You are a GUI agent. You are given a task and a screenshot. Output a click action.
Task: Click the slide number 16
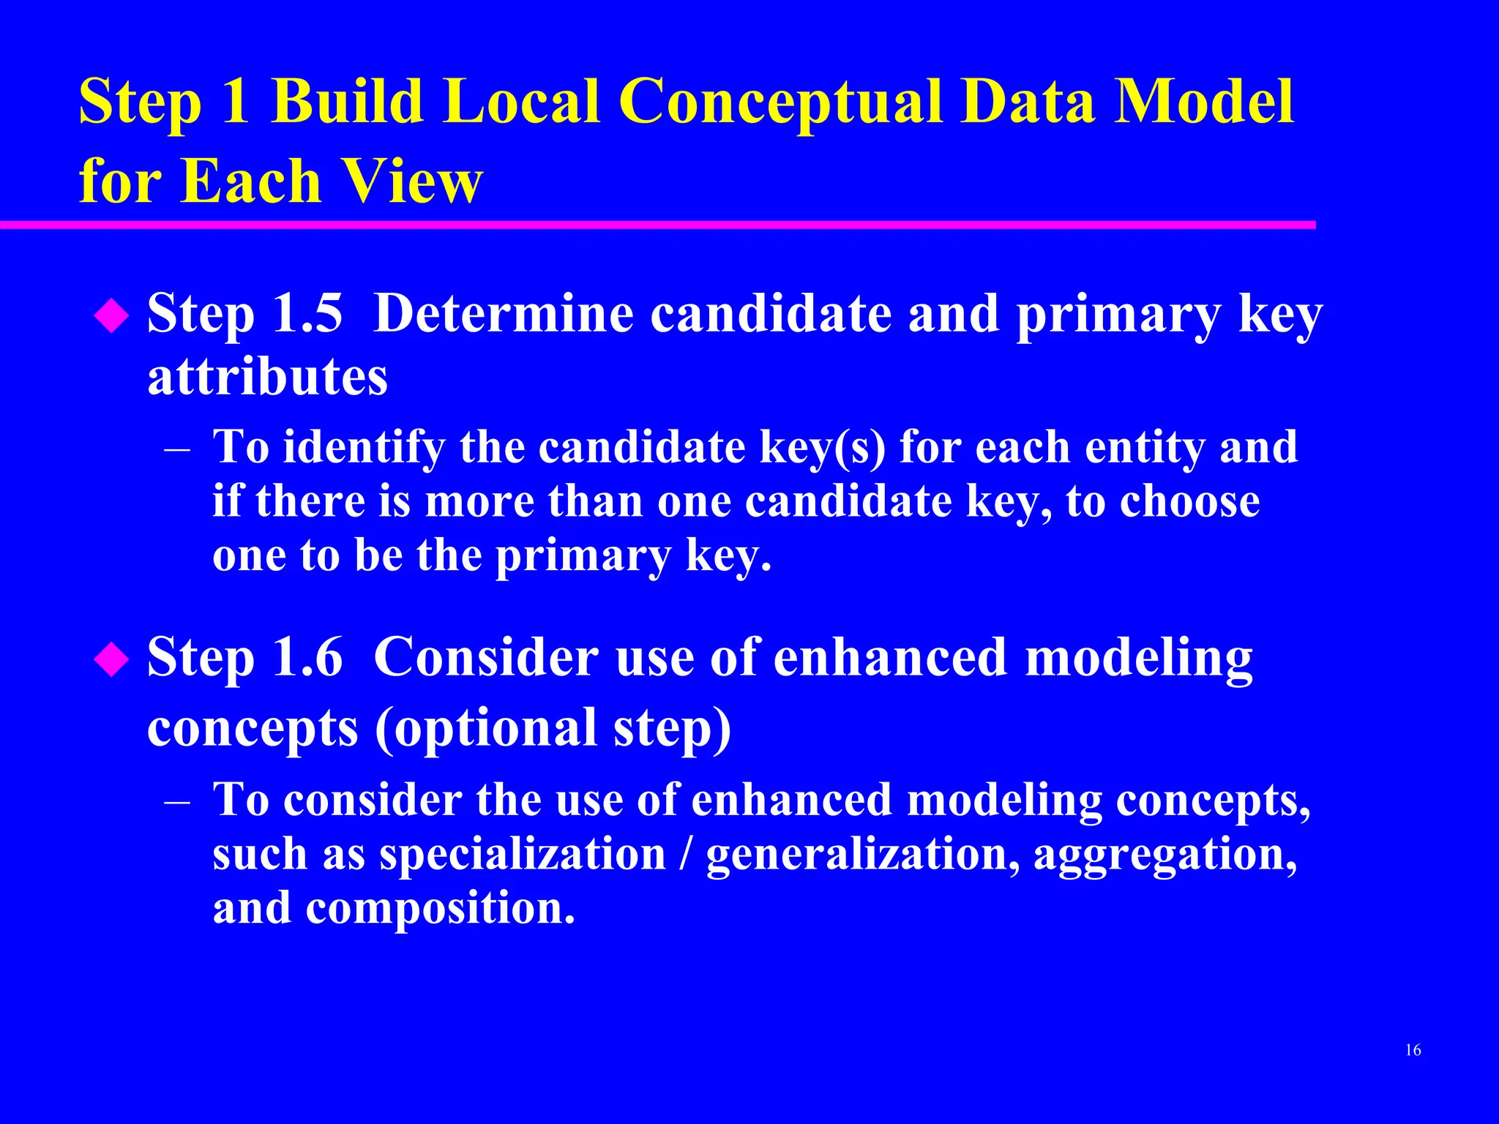[x=1413, y=1050]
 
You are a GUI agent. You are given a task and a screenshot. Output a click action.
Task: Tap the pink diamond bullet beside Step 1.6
[x=112, y=659]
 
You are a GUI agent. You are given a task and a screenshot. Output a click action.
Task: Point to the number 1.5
[x=307, y=314]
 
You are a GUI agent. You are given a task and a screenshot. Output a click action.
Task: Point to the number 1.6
[x=307, y=656]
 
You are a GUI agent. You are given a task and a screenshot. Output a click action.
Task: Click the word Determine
[x=504, y=314]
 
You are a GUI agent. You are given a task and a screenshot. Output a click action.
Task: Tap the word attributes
[x=267, y=377]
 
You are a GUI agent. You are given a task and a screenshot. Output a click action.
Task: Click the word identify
[x=364, y=447]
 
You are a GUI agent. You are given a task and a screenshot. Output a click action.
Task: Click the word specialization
[x=523, y=854]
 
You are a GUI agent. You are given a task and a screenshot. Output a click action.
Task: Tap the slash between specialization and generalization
[x=686, y=854]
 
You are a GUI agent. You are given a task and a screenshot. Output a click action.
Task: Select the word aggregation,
[x=1165, y=854]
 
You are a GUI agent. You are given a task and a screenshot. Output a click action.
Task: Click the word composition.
[x=439, y=908]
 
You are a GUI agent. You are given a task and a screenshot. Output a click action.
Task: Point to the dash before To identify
[x=178, y=449]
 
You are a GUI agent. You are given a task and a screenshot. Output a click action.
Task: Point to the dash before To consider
[x=178, y=801]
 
